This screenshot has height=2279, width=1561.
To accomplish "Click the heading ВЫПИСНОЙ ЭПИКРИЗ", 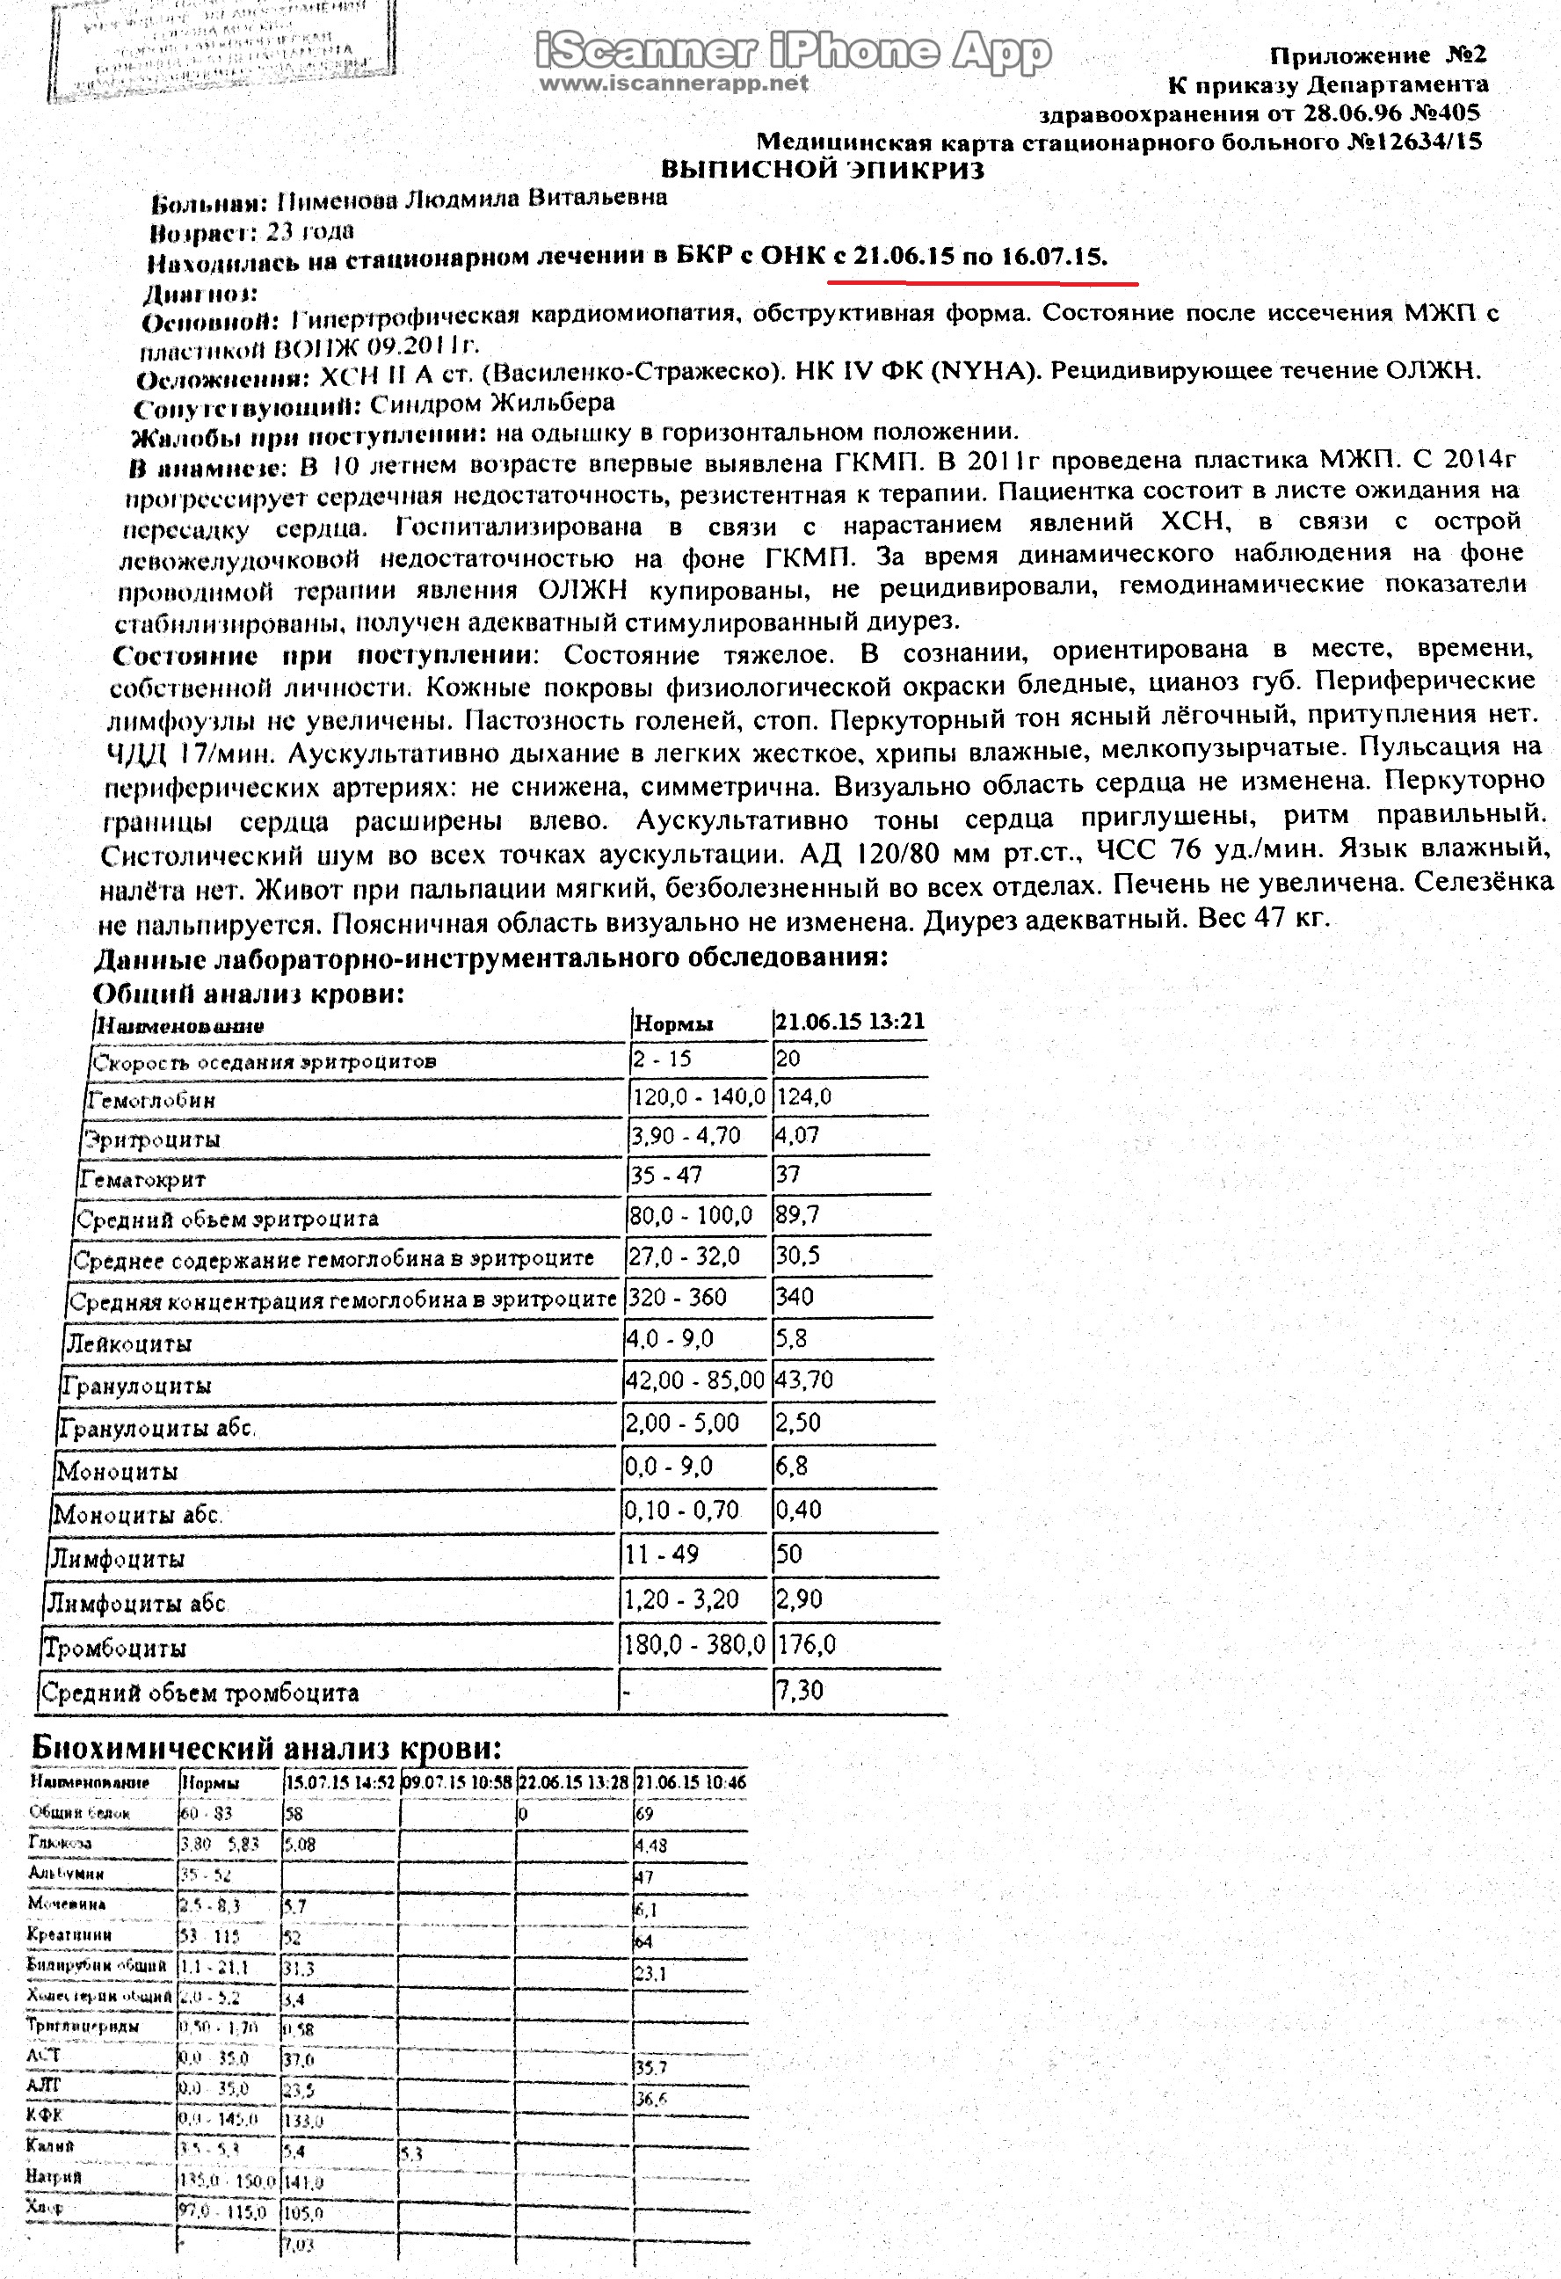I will tap(822, 170).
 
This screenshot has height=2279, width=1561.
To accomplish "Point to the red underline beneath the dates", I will tap(982, 282).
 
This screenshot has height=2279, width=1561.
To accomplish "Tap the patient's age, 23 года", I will tap(310, 231).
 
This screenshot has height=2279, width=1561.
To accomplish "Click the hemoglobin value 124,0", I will tap(804, 1096).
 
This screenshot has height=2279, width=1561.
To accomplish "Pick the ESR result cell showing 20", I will tap(788, 1058).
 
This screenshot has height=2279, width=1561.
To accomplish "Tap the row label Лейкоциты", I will tap(128, 1343).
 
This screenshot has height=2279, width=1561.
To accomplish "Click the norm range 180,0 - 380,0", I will tap(694, 1644).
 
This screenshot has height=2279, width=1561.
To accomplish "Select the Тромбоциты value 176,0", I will tap(806, 1644).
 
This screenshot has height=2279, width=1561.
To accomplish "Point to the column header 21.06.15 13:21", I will tap(849, 1022).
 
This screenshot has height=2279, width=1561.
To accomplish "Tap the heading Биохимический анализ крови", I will tap(266, 1747).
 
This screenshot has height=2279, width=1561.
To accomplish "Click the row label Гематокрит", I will tap(143, 1179).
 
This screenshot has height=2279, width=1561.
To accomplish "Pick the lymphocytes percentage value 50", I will tap(789, 1555).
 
